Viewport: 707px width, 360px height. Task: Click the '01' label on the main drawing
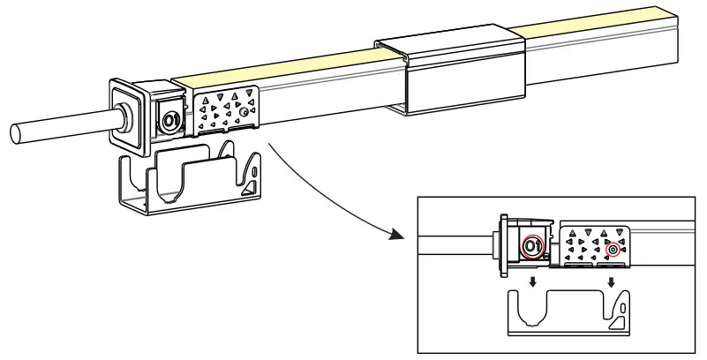coord(171,118)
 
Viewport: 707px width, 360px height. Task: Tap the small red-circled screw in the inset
coord(613,250)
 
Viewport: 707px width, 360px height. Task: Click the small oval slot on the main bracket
coord(254,164)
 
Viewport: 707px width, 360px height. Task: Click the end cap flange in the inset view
coord(501,240)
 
